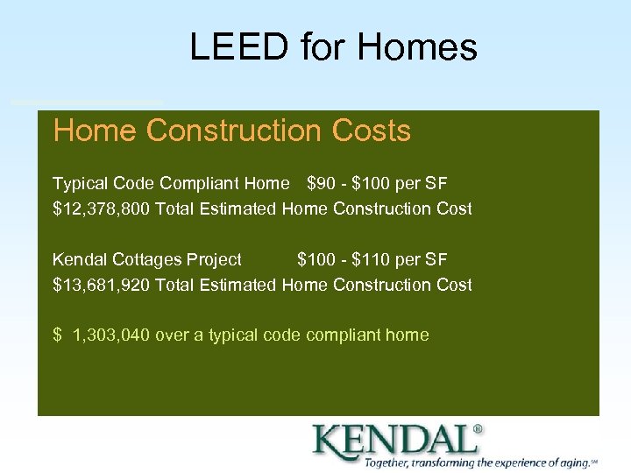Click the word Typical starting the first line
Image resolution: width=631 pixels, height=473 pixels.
click(x=80, y=184)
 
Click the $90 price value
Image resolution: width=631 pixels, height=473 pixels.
click(x=321, y=184)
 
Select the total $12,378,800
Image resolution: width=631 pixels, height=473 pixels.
click(x=101, y=209)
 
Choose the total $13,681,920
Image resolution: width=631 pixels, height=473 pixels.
click(x=101, y=285)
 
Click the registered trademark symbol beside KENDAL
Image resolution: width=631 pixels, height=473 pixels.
click(x=477, y=430)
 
